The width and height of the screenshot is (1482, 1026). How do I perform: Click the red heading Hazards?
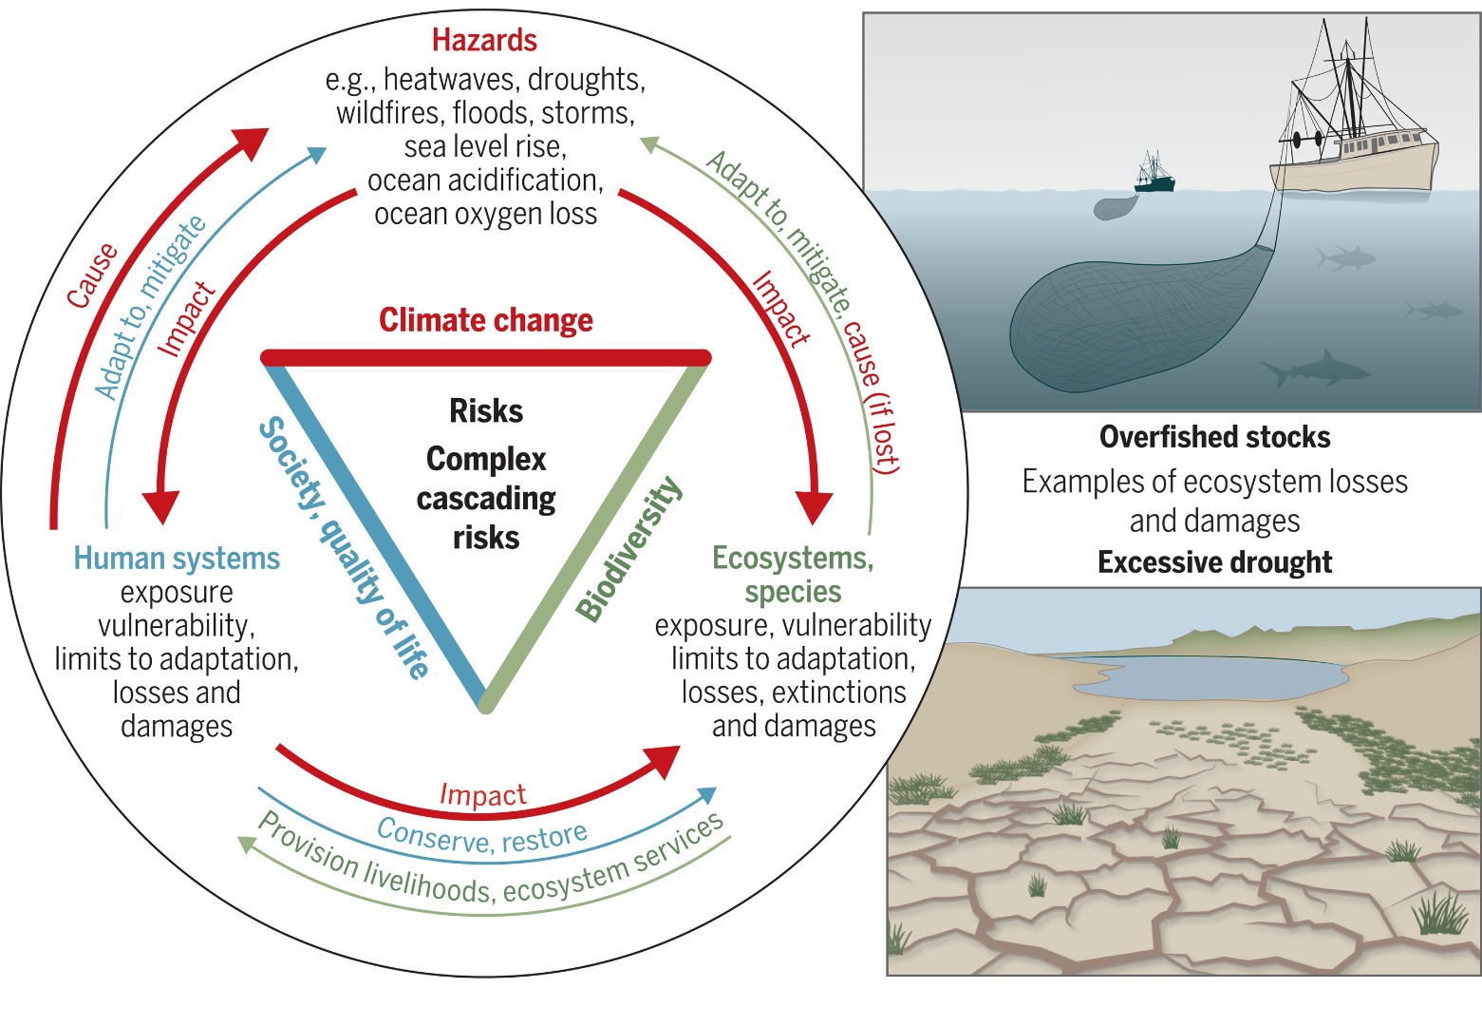(484, 40)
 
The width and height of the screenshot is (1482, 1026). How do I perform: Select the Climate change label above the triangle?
(485, 320)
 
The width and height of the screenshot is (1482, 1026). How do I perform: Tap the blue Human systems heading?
(177, 558)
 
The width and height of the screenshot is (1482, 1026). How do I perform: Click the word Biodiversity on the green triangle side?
(628, 550)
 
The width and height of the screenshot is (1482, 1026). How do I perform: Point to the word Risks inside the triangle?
(486, 411)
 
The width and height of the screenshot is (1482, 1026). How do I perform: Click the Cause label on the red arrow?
(93, 275)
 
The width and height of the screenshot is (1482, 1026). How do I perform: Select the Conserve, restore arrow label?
(482, 836)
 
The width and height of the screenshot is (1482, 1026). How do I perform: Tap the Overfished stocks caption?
(1214, 437)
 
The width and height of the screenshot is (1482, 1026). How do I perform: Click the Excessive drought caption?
(1214, 562)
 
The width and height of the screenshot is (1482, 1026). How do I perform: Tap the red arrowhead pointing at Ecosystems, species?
(814, 508)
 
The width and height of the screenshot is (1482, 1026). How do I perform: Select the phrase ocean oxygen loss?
(485, 214)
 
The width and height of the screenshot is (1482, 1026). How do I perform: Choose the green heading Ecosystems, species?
(793, 574)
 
